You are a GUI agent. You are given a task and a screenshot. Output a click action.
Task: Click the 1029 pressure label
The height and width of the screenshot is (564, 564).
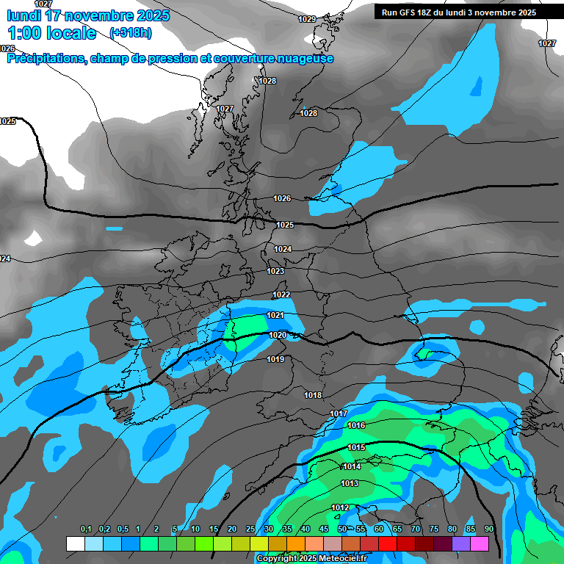coord(307,19)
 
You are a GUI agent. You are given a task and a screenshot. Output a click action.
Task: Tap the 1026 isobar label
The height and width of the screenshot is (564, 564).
coord(282,198)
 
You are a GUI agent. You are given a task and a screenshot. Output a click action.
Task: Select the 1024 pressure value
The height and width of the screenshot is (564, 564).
coord(283,249)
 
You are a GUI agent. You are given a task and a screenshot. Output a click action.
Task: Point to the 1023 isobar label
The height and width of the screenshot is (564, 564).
coord(275,271)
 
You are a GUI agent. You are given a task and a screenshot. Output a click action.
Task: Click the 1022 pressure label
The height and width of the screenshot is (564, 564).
coord(281,294)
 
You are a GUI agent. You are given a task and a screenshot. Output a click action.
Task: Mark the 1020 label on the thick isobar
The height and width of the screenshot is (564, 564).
coord(278,335)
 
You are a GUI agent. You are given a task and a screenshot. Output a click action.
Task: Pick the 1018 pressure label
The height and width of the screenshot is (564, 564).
coord(313,395)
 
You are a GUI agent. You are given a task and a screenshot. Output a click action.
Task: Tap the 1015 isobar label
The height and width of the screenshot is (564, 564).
coord(357,447)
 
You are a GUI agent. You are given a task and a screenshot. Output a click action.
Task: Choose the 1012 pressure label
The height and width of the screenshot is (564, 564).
coord(340,507)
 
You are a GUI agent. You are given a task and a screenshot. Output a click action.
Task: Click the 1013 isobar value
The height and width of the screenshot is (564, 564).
coord(350,483)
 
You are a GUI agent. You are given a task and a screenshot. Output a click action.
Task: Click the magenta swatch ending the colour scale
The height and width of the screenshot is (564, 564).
coord(480,543)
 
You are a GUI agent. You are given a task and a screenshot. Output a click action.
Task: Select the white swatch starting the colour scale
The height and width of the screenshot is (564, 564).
coord(75,543)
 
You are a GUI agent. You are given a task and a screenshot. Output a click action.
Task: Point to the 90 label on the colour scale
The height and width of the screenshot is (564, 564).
coord(488,529)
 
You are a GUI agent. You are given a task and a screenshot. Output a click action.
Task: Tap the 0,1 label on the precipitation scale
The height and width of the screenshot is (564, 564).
coord(86,529)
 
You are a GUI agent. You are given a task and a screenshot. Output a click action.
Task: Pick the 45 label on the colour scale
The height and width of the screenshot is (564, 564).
coord(324,529)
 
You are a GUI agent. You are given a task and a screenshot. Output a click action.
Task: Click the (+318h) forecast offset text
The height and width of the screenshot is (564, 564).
coord(130,33)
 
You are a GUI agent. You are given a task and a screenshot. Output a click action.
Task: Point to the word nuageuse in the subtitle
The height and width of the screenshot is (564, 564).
coord(303,59)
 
